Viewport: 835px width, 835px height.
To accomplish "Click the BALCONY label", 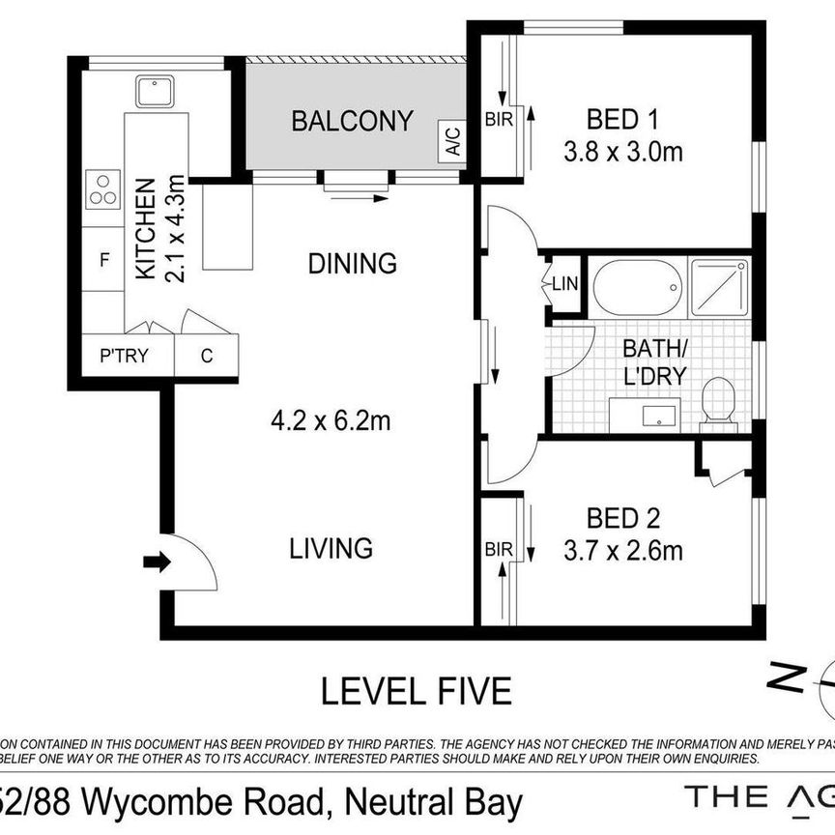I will tap(352, 122).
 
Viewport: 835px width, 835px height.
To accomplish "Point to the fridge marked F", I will tap(103, 259).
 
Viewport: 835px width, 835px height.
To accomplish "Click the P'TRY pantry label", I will tap(125, 355).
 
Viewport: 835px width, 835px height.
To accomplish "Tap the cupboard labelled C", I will tap(206, 355).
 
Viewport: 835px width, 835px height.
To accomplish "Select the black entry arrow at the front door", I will tap(155, 561).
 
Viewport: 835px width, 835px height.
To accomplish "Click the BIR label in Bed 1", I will tap(498, 120).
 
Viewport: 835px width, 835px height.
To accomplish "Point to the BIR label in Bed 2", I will tap(499, 550).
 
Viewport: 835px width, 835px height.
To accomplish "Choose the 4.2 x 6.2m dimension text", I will tap(330, 420).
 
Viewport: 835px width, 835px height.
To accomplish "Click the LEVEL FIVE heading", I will tap(416, 691).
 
